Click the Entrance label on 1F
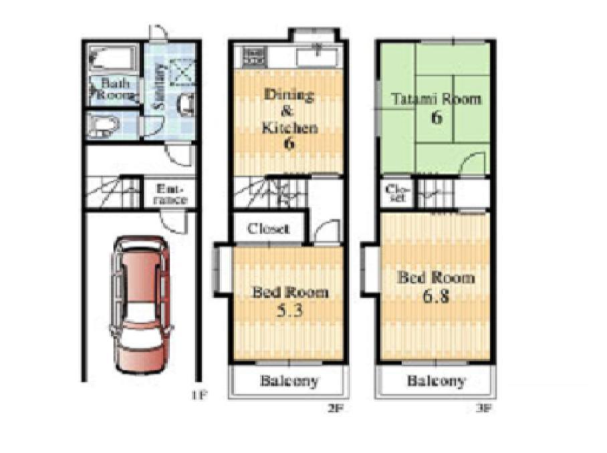tap(171, 194)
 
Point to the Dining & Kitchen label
tap(288, 111)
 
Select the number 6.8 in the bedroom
tap(437, 296)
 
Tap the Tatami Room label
tap(436, 100)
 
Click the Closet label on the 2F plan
tap(269, 229)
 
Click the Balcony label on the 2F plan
tap(289, 382)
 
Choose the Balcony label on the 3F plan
tap(436, 382)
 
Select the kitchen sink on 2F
tap(317, 55)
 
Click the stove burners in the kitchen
tap(253, 55)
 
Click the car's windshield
tap(141, 315)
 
